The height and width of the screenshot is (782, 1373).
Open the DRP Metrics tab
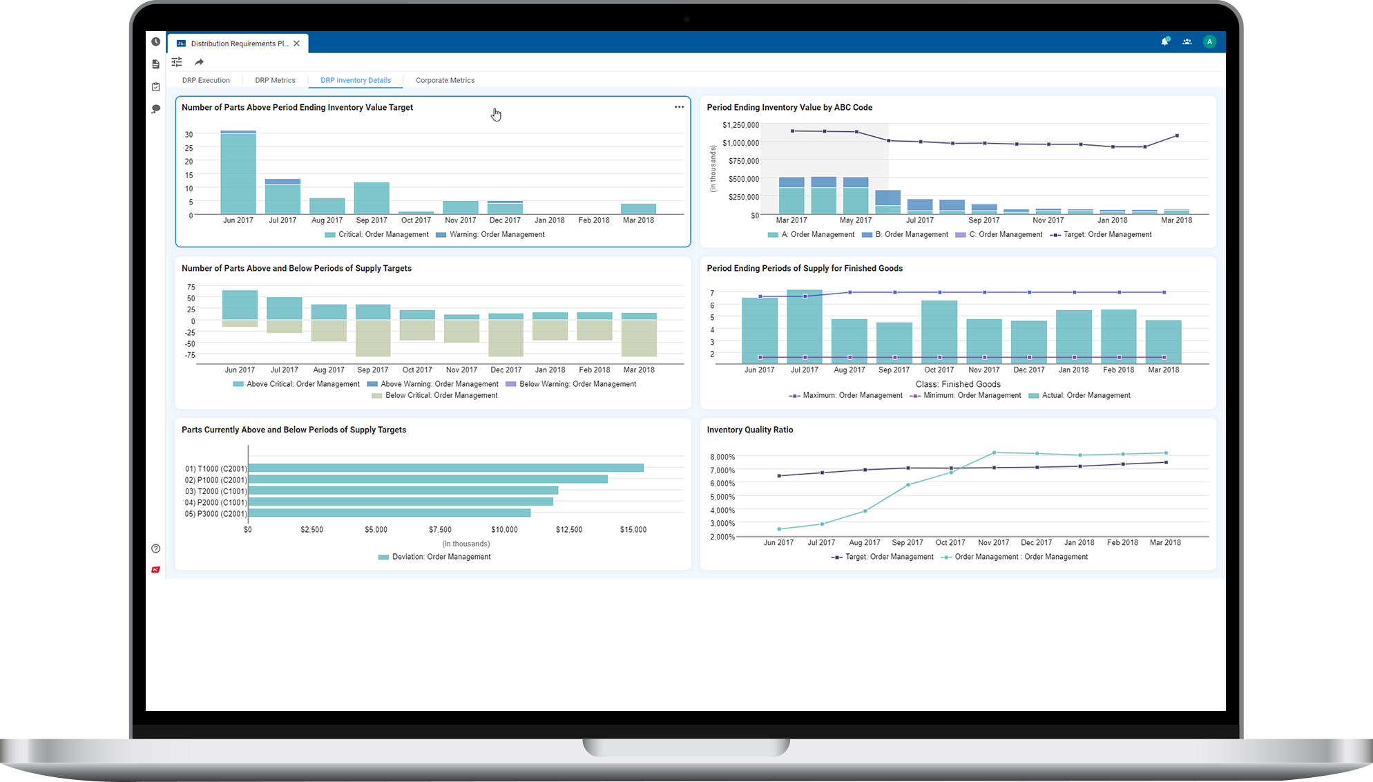point(275,80)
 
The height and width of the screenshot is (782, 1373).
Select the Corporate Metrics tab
point(445,80)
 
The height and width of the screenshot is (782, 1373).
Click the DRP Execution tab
point(206,80)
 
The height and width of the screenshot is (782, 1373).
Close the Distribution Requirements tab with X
point(296,44)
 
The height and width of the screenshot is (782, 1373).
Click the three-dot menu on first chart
point(679,107)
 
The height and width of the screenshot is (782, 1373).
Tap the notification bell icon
point(1164,41)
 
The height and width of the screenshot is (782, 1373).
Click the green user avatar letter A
point(1209,41)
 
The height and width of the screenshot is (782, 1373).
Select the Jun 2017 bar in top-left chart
point(238,173)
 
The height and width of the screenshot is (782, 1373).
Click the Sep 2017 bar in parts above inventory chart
point(372,198)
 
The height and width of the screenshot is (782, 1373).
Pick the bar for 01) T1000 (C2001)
point(445,468)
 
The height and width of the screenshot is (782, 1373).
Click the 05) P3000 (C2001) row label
point(215,514)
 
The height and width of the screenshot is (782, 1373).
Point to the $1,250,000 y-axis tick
point(740,125)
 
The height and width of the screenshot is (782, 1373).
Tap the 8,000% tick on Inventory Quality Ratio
point(722,457)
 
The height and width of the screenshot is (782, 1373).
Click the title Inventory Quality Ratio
point(749,430)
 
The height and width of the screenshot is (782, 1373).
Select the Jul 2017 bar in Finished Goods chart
point(805,327)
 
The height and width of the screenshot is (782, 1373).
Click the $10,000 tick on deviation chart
point(504,530)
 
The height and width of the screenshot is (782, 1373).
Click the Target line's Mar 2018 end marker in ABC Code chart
point(1177,135)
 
